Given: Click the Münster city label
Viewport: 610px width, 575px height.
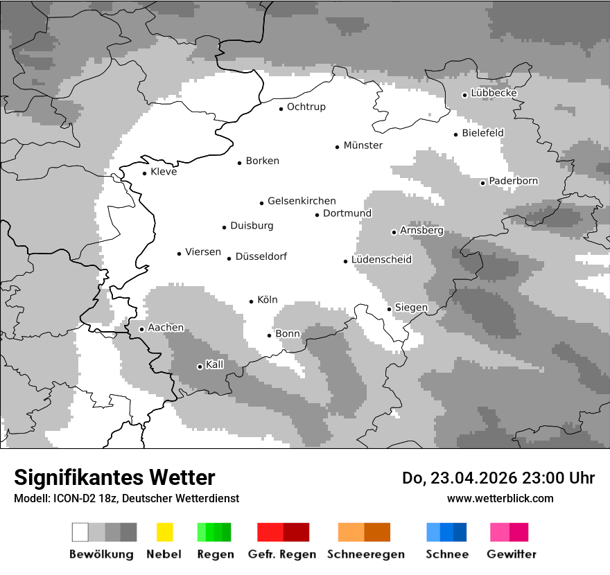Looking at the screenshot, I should (363, 145).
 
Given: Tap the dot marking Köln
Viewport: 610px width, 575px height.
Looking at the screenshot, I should (251, 301).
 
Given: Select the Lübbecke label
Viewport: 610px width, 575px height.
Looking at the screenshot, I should (494, 93).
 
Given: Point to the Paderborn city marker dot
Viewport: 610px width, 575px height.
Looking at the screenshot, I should (482, 183).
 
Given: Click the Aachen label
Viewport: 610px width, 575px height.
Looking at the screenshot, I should (166, 328).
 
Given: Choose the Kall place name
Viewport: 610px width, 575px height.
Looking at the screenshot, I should (214, 364).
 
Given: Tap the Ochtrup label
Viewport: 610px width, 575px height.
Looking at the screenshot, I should (306, 107).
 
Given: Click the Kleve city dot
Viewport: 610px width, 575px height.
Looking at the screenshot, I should (144, 173).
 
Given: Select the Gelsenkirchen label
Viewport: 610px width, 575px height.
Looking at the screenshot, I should (302, 201).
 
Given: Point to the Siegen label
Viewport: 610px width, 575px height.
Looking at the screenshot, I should (411, 308).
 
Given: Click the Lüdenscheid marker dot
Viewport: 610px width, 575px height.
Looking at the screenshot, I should (345, 261).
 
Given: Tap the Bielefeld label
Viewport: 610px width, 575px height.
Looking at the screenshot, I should (482, 133).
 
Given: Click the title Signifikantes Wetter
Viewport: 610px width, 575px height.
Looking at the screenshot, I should (114, 478).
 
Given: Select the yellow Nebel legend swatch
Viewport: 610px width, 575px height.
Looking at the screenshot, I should (164, 532).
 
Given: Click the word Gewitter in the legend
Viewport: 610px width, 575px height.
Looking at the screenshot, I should (511, 554).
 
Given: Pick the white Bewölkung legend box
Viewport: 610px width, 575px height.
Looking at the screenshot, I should (80, 532).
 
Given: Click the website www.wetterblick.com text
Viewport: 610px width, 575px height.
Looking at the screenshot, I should (500, 498).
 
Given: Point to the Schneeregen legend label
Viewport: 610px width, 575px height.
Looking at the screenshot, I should (365, 554).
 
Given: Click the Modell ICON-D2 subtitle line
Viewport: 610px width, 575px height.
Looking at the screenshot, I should (126, 498).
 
